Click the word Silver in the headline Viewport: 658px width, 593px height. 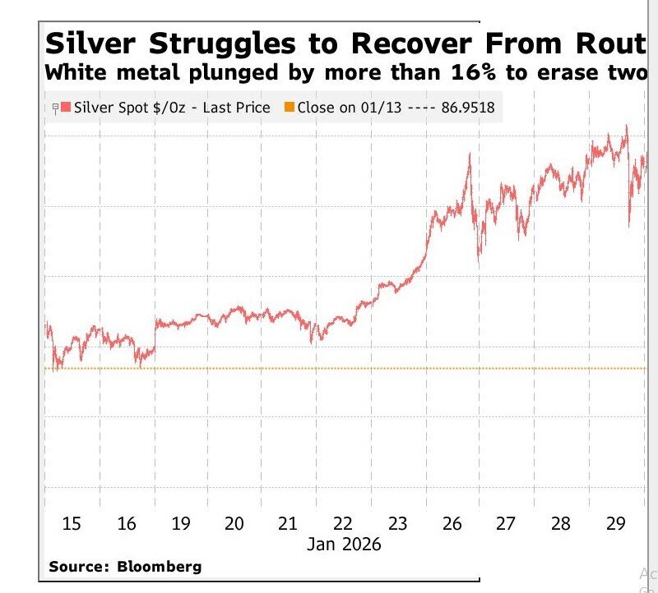coord(93,44)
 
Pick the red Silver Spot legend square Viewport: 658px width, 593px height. coord(67,108)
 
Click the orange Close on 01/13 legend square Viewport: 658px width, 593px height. coord(289,108)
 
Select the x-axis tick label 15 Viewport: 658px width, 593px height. coord(72,523)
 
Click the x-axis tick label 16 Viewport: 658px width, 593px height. coord(126,523)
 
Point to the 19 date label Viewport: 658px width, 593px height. coord(180,523)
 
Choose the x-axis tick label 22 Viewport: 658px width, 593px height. coord(343,523)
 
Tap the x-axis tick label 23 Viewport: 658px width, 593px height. coord(398,523)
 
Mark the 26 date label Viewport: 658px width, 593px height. coord(452,523)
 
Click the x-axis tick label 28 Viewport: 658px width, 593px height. coord(561,523)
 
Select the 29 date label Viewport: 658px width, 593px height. coord(615,523)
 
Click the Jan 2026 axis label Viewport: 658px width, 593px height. coord(345,544)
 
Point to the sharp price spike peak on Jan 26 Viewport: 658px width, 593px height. coord(469,154)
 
